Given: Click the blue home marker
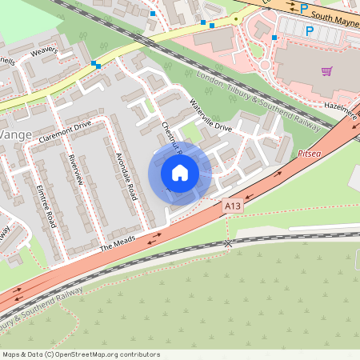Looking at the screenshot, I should click(180, 173).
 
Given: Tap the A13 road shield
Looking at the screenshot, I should click(232, 206).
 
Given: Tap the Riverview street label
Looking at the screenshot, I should click(76, 169).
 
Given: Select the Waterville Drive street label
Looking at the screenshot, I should click(210, 116).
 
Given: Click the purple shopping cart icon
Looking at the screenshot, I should click(326, 70).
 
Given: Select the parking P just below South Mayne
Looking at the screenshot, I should click(309, 30).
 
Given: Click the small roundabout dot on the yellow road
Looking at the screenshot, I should click(235, 18).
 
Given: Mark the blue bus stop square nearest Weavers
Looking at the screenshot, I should click(96, 64).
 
